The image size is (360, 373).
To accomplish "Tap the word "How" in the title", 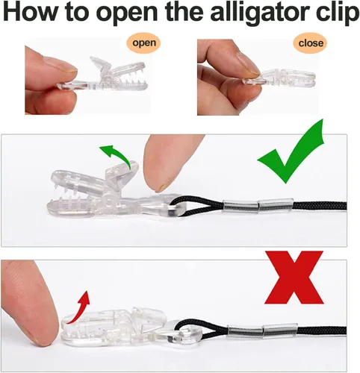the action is click(x=29, y=12).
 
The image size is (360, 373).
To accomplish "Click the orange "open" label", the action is click(x=143, y=43).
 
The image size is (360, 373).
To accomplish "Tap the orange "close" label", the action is click(x=310, y=43).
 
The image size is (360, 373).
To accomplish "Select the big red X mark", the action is click(x=294, y=278).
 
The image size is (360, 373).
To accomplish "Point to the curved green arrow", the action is click(x=115, y=154).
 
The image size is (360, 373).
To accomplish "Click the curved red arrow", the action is click(x=80, y=308).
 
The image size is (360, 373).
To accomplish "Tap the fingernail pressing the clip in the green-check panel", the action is click(x=162, y=186).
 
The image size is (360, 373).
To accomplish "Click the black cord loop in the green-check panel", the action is click(x=196, y=206).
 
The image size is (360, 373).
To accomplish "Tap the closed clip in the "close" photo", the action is click(x=279, y=79).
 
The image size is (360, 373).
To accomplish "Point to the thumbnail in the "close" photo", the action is click(x=247, y=63).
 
